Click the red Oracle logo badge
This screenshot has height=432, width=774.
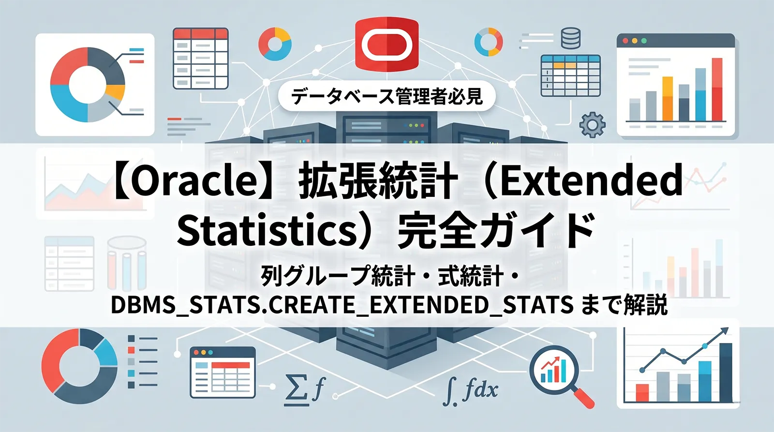click(x=387, y=45)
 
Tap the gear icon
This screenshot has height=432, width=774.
click(x=592, y=125)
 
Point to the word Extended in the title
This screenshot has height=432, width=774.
click(x=591, y=180)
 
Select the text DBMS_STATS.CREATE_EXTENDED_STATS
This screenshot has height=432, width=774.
click(x=342, y=305)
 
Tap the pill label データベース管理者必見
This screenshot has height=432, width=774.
click(x=387, y=96)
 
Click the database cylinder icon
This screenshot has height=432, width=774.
click(x=571, y=38)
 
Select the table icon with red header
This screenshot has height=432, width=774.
click(x=200, y=59)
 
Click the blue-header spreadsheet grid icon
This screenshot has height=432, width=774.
click(x=571, y=75)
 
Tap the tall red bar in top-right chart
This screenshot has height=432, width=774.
click(x=716, y=89)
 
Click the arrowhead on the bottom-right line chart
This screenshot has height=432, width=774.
click(x=724, y=331)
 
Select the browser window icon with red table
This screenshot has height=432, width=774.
click(x=223, y=372)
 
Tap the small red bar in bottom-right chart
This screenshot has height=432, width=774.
click(x=642, y=392)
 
